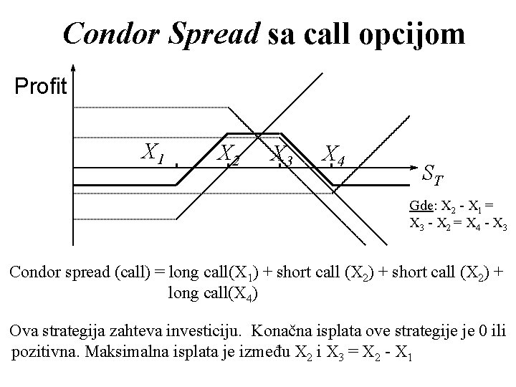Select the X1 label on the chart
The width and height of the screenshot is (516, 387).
(153, 151)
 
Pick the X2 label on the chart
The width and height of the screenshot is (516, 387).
(229, 154)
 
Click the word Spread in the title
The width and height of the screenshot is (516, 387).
(216, 34)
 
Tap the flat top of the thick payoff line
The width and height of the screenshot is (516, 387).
(254, 134)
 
